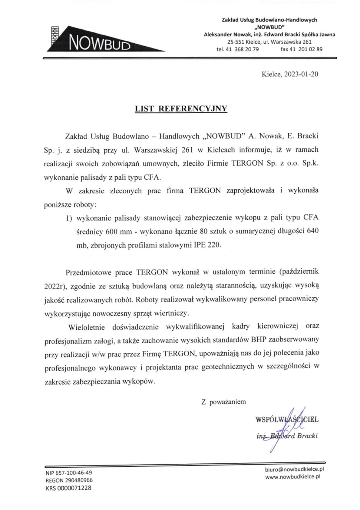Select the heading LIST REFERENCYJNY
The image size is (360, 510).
[181, 109]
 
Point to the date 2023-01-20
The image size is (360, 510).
[301, 74]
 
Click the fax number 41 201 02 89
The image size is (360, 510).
[306, 49]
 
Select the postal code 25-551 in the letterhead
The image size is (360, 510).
[236, 42]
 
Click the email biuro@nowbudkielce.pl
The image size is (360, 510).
[294, 469]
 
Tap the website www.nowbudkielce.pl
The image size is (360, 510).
[292, 477]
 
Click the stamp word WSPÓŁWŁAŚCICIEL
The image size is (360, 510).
[287, 420]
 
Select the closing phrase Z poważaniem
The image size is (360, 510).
[223, 402]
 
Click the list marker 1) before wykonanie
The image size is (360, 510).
[69, 218]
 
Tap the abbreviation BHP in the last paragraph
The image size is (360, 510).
[259, 339]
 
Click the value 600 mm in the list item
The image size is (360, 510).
[119, 232]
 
